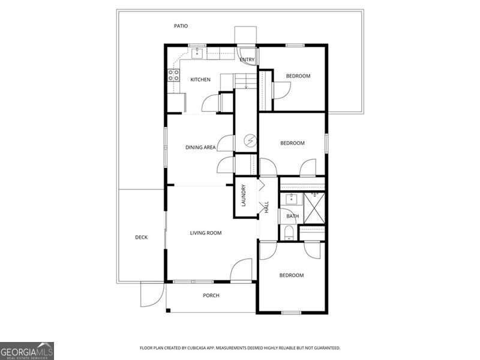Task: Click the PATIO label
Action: (181, 26)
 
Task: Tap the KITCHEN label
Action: (200, 80)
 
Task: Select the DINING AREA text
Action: (200, 147)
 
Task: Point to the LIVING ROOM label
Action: (206, 233)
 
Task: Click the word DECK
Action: (141, 237)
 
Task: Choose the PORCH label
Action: (211, 295)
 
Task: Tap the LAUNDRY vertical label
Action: (244, 196)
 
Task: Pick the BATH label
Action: (292, 216)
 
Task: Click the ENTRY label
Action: (247, 59)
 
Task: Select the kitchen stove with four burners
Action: (173, 75)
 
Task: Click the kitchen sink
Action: (197, 53)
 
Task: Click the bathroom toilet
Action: (289, 232)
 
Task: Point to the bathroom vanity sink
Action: (292, 199)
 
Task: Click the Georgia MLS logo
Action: (27, 350)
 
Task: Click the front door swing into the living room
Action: (242, 270)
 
